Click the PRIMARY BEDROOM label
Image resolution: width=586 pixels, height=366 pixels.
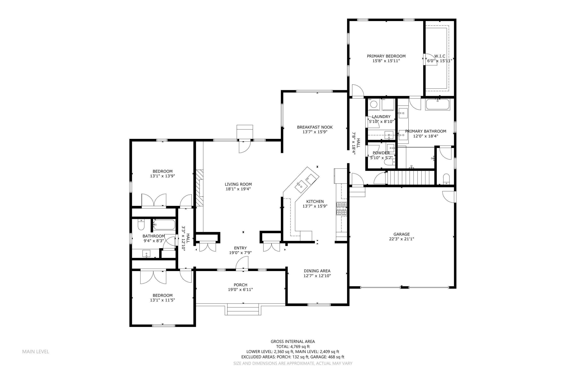point(386,56)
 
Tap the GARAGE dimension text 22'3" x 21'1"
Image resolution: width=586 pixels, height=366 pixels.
point(401,239)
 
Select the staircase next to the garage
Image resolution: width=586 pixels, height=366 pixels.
point(410,178)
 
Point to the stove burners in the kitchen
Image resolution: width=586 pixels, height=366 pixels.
point(341,208)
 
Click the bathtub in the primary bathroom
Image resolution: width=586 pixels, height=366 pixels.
point(437,105)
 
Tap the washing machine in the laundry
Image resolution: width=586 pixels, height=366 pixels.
point(374,104)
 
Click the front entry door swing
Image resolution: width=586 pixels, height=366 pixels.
point(242,262)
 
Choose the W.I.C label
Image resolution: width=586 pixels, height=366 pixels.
point(440,56)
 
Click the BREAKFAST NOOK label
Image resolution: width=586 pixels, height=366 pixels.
point(315,127)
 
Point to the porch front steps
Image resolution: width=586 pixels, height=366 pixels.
point(243,310)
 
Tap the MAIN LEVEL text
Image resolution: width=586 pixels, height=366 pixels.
point(35,351)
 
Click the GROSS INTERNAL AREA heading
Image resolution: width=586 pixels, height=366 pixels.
point(293,341)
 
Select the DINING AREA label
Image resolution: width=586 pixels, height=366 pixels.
point(317,271)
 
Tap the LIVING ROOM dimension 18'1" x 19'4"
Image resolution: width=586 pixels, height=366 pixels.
point(238,189)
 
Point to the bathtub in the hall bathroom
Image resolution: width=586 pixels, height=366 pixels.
point(164,225)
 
